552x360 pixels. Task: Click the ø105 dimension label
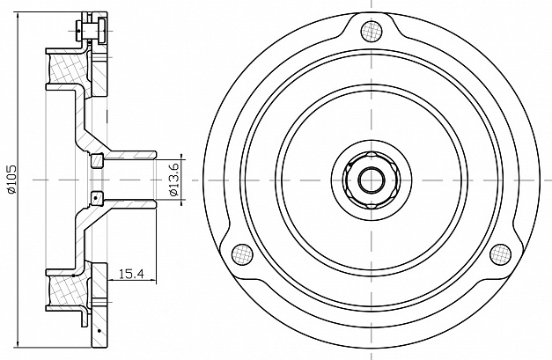tap(11, 180)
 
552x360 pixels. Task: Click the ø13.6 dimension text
tap(174, 180)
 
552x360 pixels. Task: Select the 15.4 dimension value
tap(132, 274)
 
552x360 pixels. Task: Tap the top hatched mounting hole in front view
tap(372, 31)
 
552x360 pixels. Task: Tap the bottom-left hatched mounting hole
tap(243, 254)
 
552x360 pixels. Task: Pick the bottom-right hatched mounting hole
tap(500, 254)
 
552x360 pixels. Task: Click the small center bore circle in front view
tap(372, 180)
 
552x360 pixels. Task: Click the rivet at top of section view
tap(91, 31)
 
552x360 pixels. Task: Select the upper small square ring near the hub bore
tap(97, 160)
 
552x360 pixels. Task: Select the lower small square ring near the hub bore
tap(97, 199)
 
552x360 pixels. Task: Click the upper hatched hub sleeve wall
tap(130, 155)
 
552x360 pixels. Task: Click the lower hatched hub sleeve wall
tap(130, 204)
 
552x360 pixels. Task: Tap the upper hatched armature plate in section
tap(99, 74)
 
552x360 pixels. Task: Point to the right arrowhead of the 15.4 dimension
tap(152, 281)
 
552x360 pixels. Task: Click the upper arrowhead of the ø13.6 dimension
tap(181, 157)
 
